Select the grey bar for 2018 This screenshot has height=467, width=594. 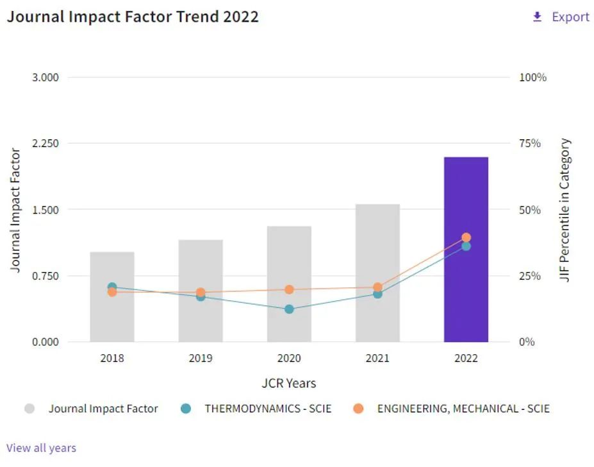click(x=112, y=296)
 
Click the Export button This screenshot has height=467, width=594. click(x=561, y=17)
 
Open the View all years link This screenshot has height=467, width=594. click(x=41, y=448)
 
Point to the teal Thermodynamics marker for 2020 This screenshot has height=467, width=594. click(x=289, y=309)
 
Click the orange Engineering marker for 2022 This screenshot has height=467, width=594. click(x=466, y=237)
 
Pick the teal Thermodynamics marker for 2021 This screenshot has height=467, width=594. click(x=377, y=294)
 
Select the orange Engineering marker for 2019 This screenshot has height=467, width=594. click(x=201, y=293)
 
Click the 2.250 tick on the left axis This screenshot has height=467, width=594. click(x=45, y=143)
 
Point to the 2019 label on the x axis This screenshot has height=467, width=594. click(x=201, y=359)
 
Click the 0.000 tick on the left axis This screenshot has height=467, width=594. click(x=45, y=342)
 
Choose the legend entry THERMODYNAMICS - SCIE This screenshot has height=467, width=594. click(x=268, y=409)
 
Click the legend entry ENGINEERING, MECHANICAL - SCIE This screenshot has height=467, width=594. click(x=463, y=409)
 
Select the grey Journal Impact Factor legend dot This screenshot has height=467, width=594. click(x=29, y=409)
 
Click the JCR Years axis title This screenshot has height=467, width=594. click(x=288, y=384)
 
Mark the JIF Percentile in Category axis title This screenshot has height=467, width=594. click(x=565, y=210)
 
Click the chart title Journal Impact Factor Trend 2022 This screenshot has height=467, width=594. click(x=133, y=17)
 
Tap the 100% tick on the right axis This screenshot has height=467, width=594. click(x=532, y=77)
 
